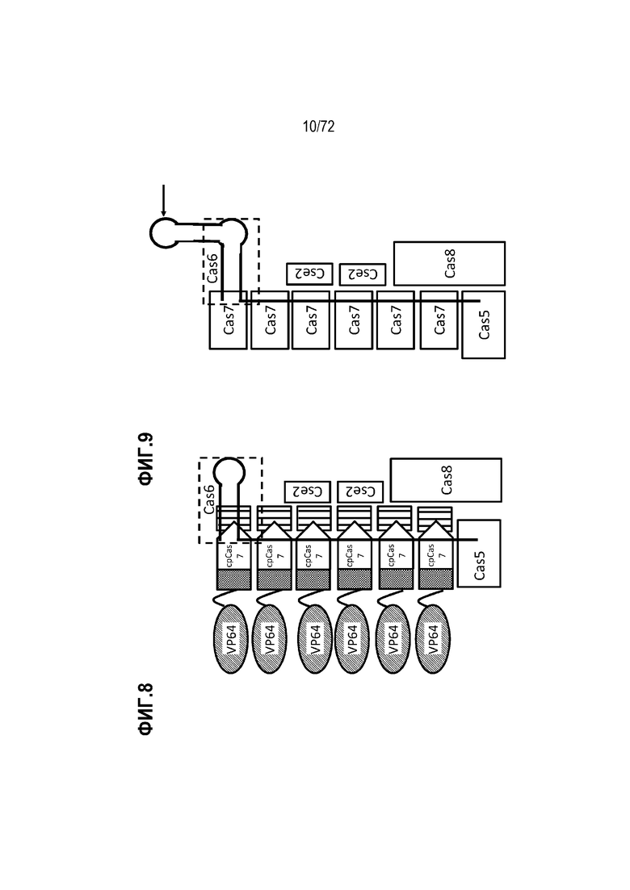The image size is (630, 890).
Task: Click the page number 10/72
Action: [318, 127]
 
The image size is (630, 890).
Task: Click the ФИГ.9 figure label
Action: [146, 459]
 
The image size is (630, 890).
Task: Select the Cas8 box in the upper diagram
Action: [449, 263]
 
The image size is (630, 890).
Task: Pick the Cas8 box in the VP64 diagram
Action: [446, 480]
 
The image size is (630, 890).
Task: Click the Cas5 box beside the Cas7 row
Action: [484, 324]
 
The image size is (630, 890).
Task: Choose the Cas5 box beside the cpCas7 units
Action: [479, 554]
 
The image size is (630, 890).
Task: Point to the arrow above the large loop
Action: [164, 200]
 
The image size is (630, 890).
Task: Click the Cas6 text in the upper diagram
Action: [212, 268]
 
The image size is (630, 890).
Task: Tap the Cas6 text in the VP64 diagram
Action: [209, 499]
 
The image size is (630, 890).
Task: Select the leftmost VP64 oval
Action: [231, 638]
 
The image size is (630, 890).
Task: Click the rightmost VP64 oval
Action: [433, 638]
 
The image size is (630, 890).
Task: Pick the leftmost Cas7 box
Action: [229, 320]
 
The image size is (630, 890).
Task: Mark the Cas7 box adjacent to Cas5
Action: [439, 320]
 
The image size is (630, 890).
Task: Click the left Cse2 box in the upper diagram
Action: [309, 274]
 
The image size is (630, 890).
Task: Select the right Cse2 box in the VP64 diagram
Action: [360, 491]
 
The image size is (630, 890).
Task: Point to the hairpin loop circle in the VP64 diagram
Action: [229, 472]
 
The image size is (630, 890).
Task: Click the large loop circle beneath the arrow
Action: [165, 232]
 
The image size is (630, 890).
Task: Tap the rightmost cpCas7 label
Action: [435, 555]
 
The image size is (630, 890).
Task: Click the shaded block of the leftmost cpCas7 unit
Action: [233, 579]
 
